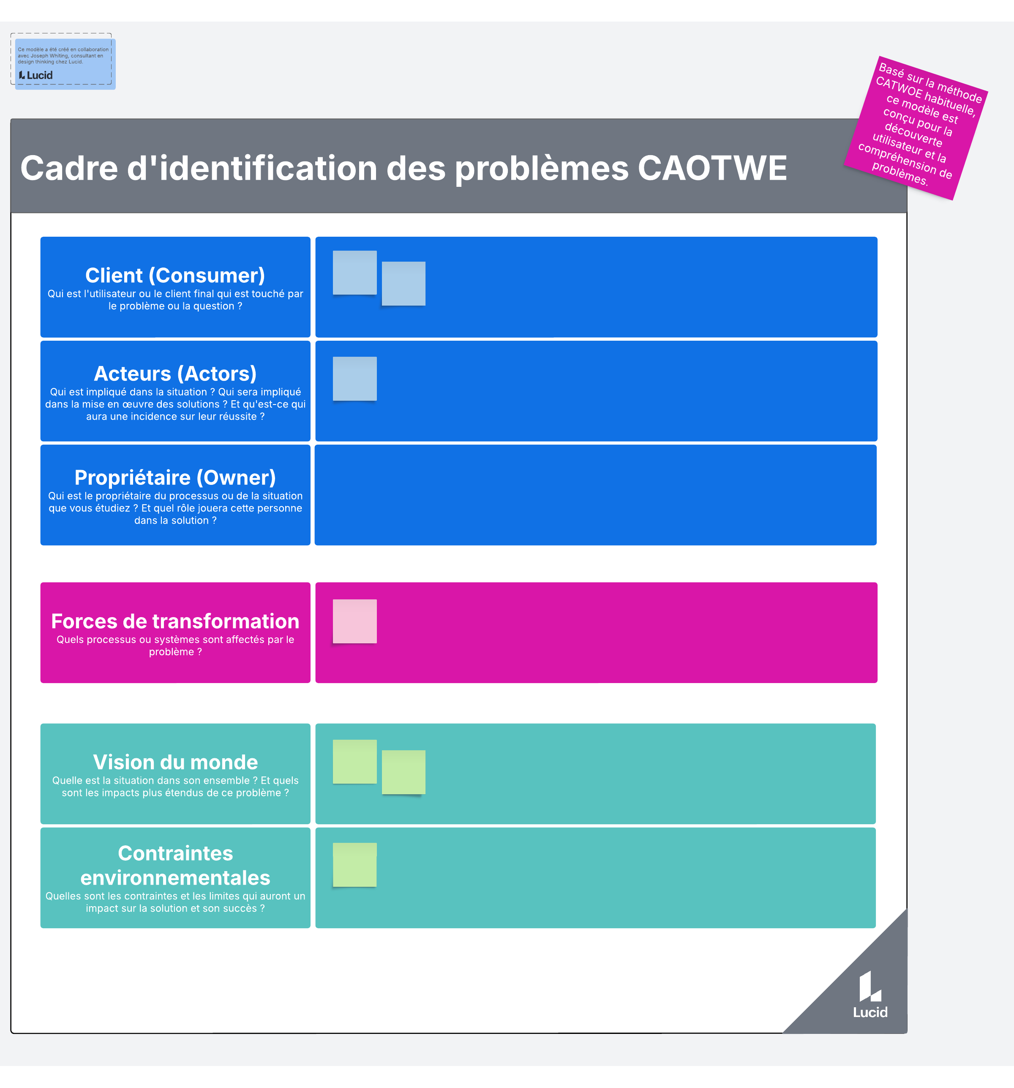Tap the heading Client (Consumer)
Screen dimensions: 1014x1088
(175, 275)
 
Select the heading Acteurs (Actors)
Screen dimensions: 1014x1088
(175, 373)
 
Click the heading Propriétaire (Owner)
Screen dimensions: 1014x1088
(175, 477)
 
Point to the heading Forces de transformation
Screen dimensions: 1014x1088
(175, 621)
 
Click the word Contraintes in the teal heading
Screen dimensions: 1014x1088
(175, 853)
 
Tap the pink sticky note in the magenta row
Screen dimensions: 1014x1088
(354, 621)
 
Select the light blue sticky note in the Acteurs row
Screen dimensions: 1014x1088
(354, 379)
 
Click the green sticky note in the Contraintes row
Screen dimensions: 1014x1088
(354, 865)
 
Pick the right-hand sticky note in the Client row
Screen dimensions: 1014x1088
(403, 284)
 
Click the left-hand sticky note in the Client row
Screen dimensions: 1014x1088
(354, 273)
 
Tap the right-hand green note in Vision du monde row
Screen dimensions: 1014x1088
(403, 772)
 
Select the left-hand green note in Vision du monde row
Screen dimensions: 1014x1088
(354, 762)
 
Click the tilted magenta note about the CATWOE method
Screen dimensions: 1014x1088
(916, 128)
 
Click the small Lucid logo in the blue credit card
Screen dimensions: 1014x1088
(36, 75)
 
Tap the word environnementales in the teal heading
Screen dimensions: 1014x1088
(175, 878)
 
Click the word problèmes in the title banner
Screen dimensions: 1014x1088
(542, 169)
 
